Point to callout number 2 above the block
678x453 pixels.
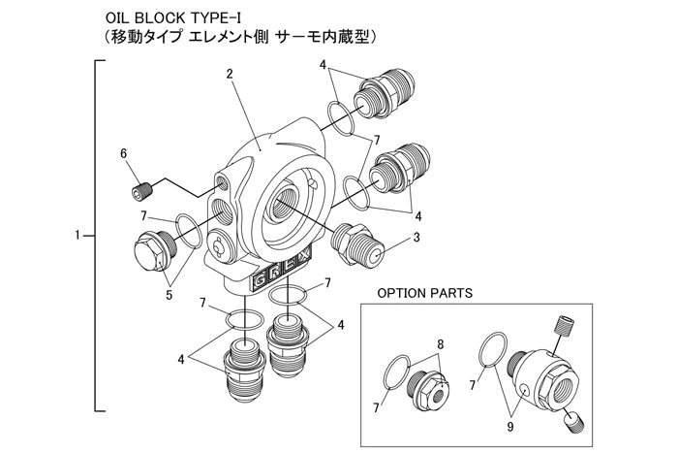pyautogui.click(x=230, y=74)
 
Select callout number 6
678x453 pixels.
pyautogui.click(x=123, y=153)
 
